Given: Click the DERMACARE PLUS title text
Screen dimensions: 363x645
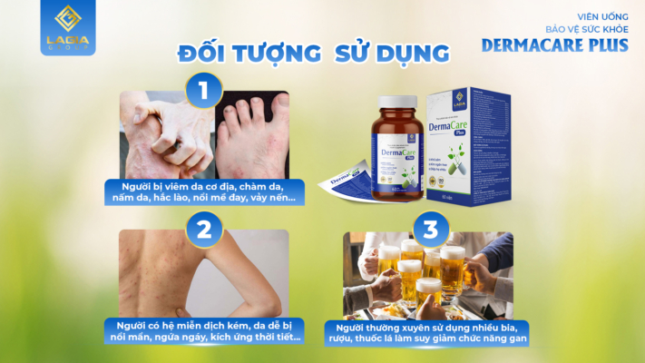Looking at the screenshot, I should pos(559,44).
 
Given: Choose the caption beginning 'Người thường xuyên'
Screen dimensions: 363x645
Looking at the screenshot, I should pos(432,332).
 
